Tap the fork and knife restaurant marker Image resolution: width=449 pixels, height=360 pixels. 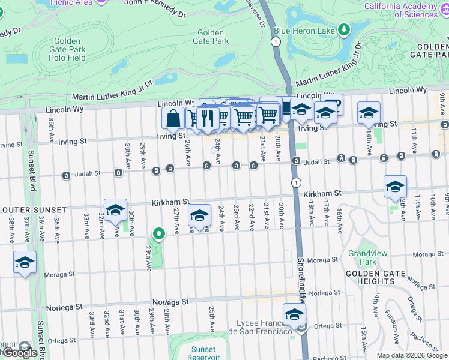coord(208,116)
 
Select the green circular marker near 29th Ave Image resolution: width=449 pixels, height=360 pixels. coord(158,234)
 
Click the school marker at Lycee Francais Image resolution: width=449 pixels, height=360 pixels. coord(294,314)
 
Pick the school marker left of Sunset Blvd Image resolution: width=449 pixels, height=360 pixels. coord(25,263)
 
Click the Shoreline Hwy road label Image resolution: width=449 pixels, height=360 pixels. coord(300,279)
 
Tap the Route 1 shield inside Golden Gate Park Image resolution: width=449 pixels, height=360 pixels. coord(275,41)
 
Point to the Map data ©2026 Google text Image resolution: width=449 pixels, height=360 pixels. coord(411,355)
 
